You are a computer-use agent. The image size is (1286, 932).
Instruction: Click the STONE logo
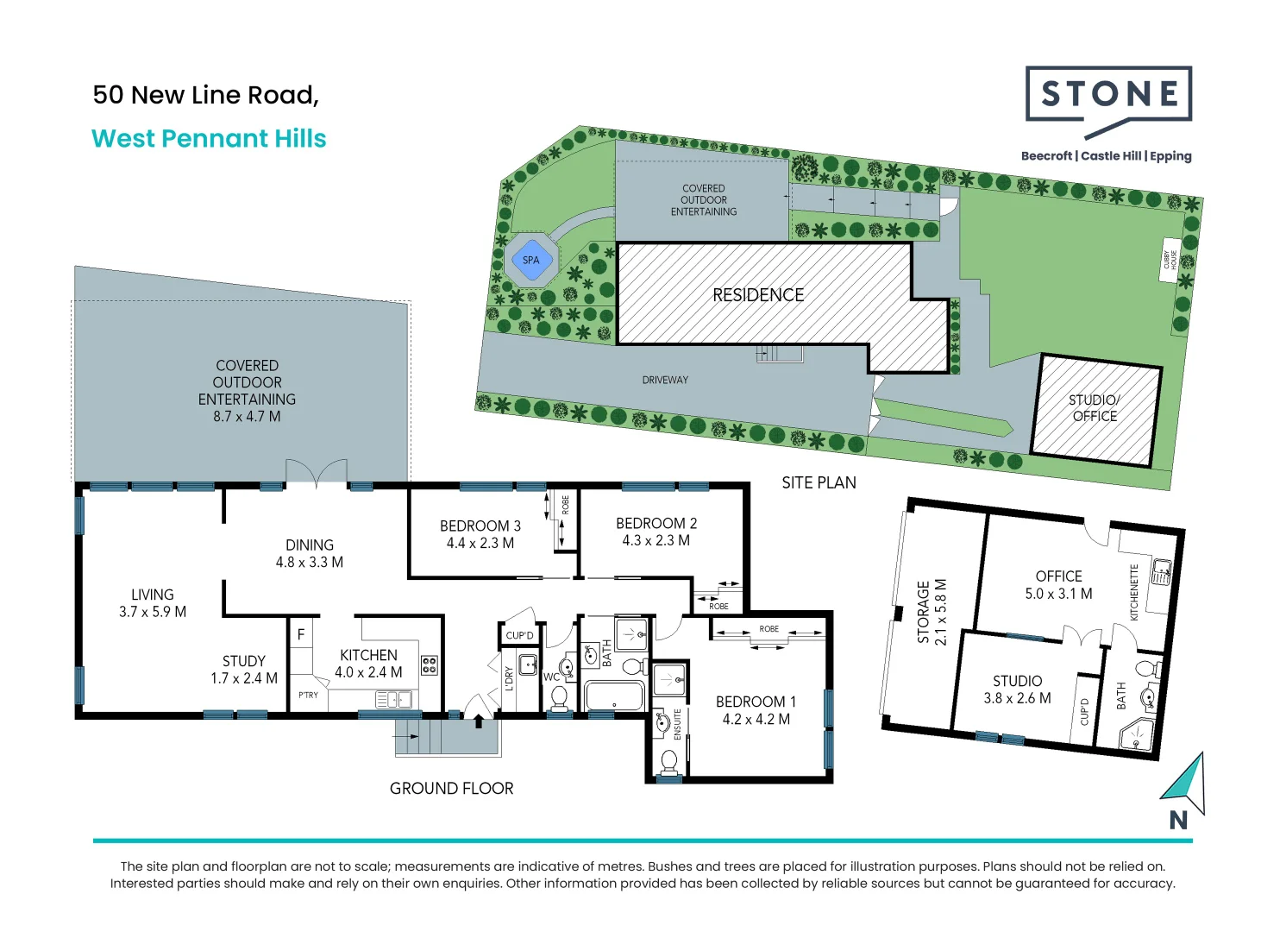point(1108,95)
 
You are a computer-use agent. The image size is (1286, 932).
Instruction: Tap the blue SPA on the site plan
point(530,260)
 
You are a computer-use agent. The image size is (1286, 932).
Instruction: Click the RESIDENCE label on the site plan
point(757,295)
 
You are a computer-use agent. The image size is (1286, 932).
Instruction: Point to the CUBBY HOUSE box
point(1170,260)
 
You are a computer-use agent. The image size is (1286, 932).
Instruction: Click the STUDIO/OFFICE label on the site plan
point(1094,408)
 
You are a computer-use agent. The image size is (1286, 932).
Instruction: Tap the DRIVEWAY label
point(665,380)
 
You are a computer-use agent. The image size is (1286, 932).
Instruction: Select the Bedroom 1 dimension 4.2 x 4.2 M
point(756,719)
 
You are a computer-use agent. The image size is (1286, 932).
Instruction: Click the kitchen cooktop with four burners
point(429,664)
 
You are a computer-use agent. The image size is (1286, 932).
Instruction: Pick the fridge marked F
point(301,634)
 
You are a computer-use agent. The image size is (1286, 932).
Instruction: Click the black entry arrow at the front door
point(479,719)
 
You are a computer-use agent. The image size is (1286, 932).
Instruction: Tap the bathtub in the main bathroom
point(614,696)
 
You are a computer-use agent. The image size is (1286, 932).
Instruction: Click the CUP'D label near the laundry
point(519,635)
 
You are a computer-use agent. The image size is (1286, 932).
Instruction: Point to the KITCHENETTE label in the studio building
point(1134,592)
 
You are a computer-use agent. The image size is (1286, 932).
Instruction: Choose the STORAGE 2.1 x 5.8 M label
point(932,612)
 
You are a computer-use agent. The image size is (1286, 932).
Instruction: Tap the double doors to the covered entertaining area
point(317,473)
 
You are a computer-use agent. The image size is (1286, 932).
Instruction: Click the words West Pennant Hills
point(209,139)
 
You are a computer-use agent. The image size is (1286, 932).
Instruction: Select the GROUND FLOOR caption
point(451,788)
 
